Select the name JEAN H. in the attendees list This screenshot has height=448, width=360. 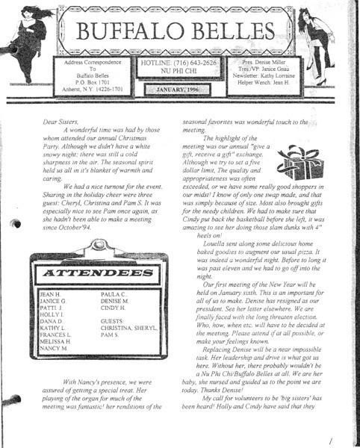49,296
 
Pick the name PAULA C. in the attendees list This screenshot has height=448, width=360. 112,296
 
